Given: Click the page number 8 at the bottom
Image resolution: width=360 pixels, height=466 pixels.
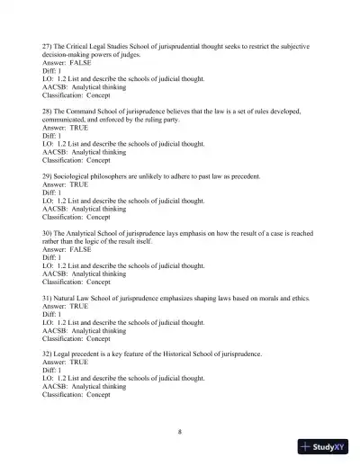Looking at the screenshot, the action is [x=180, y=431].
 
